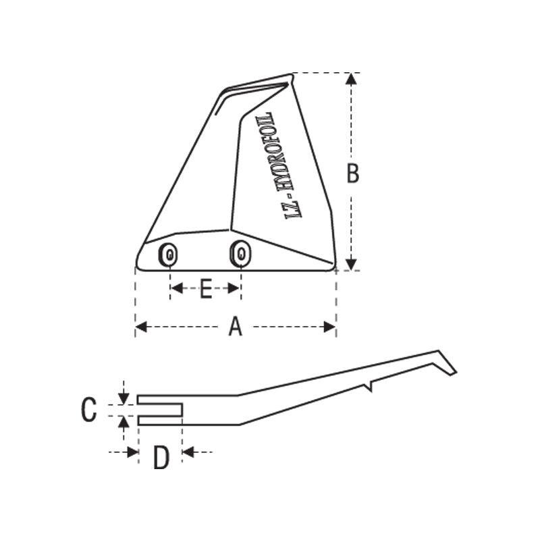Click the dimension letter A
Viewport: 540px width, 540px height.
(x=235, y=327)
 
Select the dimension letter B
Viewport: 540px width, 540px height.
(x=352, y=173)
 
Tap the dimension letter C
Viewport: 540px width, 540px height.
(x=89, y=410)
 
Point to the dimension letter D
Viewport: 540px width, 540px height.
(x=161, y=458)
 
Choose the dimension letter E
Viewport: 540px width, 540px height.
(x=206, y=290)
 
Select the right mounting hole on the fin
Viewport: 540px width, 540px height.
(x=240, y=252)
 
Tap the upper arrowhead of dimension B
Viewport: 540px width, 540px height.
(x=350, y=79)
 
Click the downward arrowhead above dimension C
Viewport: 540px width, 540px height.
(x=124, y=398)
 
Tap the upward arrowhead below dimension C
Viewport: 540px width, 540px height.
(x=124, y=423)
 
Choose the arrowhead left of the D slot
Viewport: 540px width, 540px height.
(x=132, y=452)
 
